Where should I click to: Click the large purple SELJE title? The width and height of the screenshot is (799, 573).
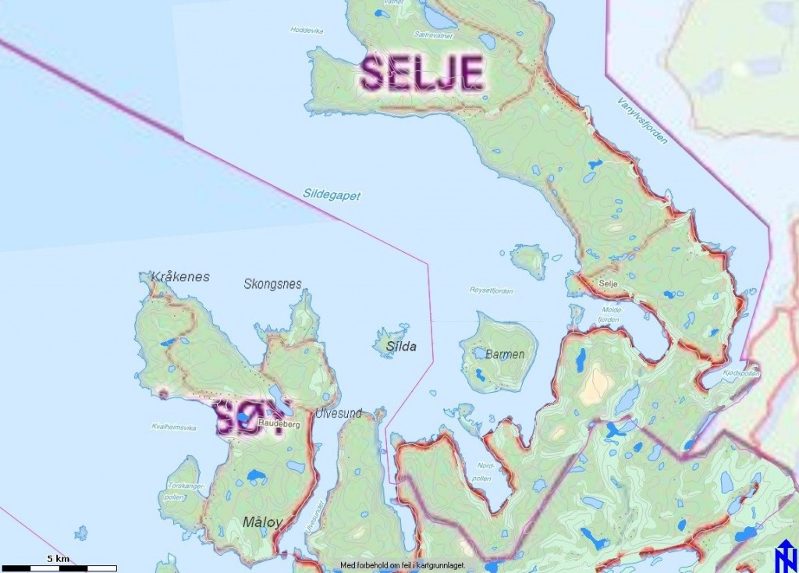click(422, 74)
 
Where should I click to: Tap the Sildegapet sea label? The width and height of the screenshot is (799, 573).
click(332, 195)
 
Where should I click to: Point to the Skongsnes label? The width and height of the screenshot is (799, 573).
click(272, 284)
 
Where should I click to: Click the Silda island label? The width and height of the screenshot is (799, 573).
click(401, 347)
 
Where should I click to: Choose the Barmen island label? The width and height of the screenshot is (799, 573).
click(505, 354)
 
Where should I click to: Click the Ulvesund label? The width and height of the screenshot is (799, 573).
click(339, 413)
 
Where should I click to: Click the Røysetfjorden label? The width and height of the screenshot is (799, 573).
click(491, 291)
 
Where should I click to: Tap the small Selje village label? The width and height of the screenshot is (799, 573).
click(609, 284)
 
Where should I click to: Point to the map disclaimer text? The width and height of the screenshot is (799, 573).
click(403, 564)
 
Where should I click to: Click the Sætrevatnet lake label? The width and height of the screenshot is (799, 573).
click(435, 35)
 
